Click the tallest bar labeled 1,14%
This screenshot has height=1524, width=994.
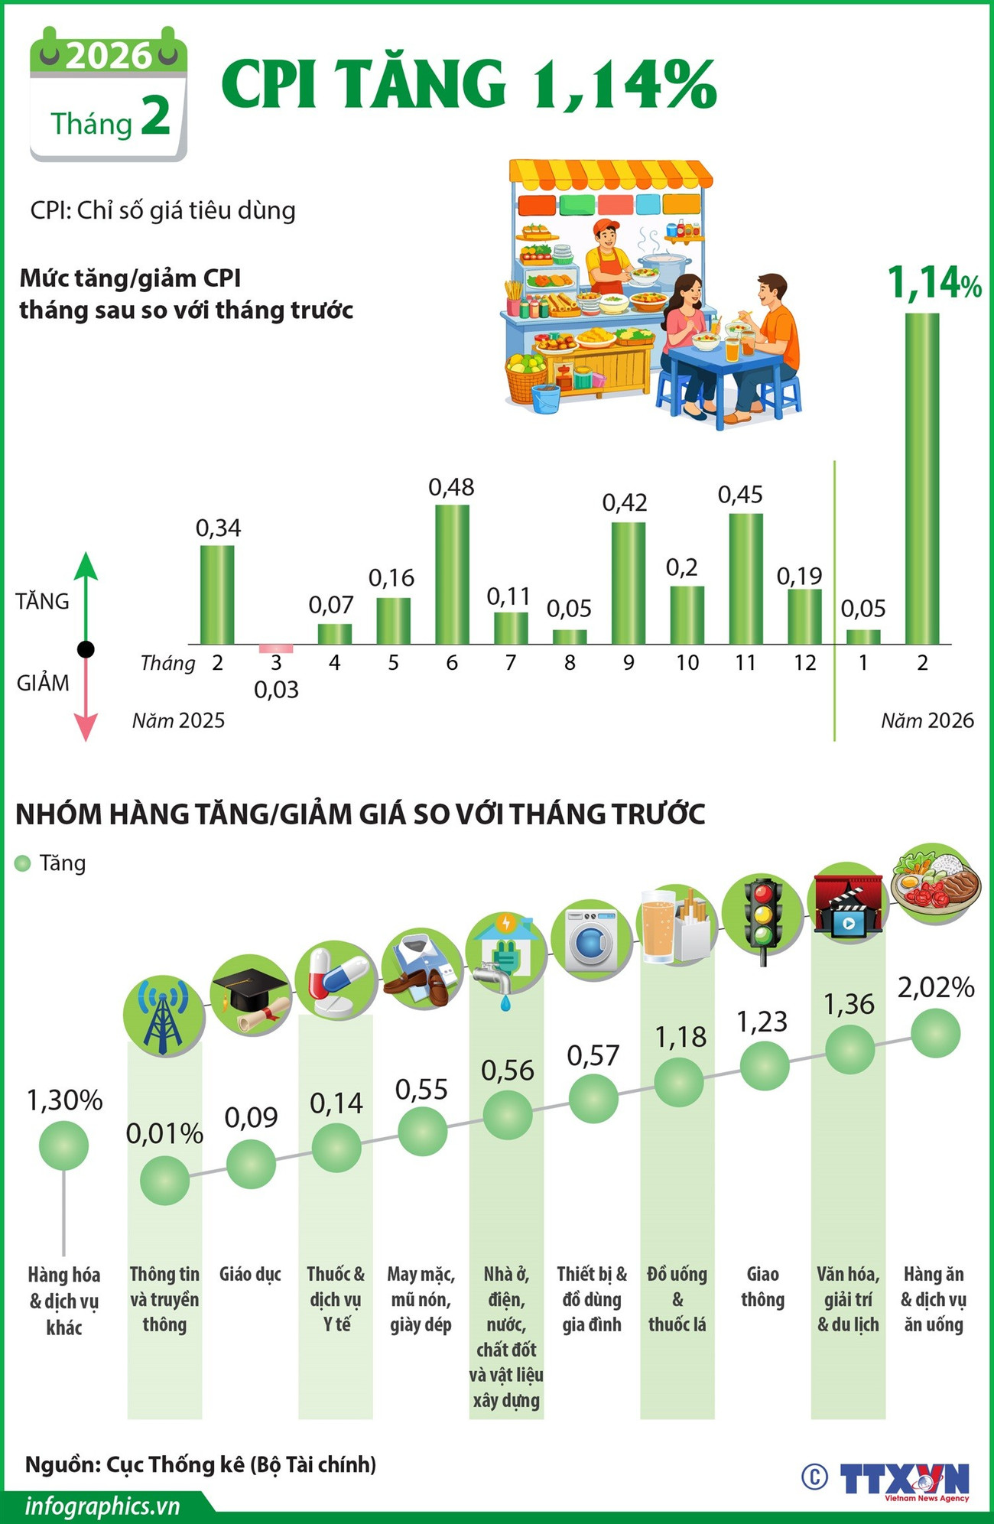921,478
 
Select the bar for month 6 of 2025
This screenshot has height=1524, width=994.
452,574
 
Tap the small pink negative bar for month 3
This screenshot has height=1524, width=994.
276,648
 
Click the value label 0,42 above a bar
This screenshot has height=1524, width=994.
625,502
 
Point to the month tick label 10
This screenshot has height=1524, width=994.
687,663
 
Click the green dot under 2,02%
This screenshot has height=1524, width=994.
935,1033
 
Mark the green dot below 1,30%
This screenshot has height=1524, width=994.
63,1145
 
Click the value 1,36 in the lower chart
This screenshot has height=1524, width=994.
849,1004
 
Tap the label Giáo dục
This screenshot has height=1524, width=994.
250,1274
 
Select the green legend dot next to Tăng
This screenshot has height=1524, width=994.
23,863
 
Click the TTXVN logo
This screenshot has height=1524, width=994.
904,1478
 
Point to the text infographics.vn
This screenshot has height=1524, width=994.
102,1506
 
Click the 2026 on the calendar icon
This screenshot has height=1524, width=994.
108,55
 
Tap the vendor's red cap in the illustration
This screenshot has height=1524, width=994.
606,226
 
